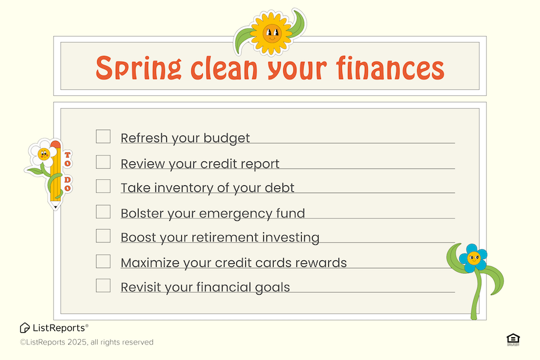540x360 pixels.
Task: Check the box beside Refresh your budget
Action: (103, 136)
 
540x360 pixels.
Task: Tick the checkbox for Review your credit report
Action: (103, 162)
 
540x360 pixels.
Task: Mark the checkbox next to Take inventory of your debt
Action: (103, 186)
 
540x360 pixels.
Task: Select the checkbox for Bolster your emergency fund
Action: (103, 212)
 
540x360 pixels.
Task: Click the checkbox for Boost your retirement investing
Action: (103, 236)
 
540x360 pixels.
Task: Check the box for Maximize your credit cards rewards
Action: (103, 261)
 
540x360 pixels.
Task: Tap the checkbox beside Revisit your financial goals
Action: (103, 286)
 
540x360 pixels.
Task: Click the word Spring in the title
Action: (139, 68)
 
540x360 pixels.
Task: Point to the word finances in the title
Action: (390, 67)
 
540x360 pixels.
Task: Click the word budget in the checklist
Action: (227, 139)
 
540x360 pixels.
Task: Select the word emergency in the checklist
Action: (235, 214)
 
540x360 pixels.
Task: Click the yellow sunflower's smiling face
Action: (272, 34)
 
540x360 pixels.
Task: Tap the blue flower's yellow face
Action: (473, 257)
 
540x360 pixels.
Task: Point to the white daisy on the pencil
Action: (44, 154)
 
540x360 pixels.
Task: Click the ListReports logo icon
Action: (25, 328)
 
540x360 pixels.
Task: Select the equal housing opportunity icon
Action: (513, 340)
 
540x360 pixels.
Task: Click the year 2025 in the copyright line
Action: (77, 342)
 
